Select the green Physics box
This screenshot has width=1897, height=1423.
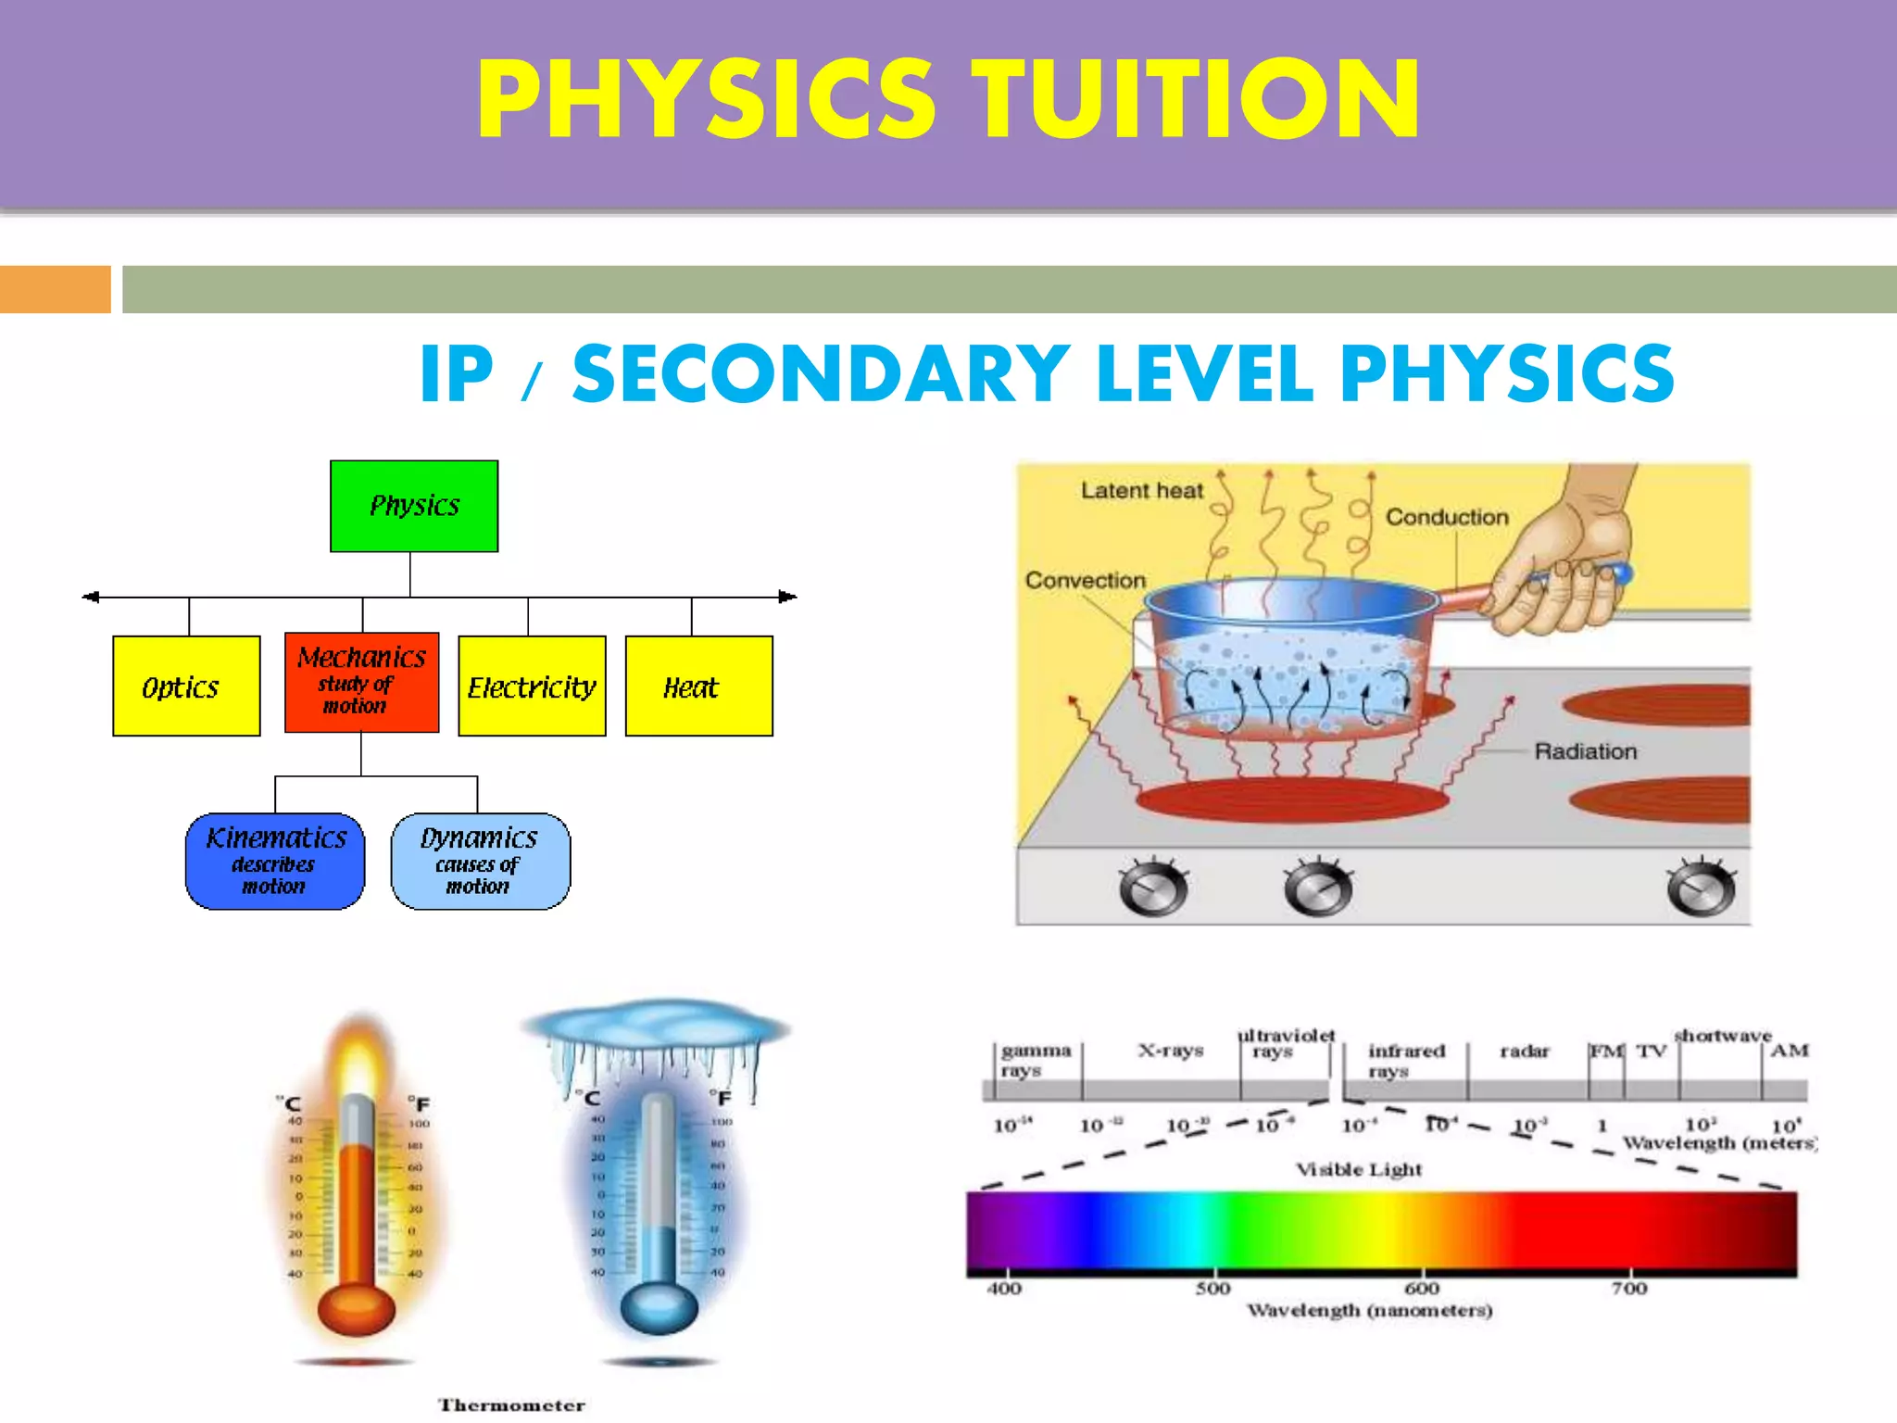(414, 506)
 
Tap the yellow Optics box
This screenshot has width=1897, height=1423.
(186, 686)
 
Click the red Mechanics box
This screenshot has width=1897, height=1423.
(361, 682)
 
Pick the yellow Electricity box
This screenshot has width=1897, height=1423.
(532, 686)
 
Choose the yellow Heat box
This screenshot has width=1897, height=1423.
(698, 686)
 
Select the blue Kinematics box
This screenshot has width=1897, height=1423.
(275, 861)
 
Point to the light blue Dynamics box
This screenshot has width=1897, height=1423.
(480, 861)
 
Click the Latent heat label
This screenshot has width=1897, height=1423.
(1142, 490)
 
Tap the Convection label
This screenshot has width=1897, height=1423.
(1085, 580)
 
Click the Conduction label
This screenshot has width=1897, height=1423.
(1447, 517)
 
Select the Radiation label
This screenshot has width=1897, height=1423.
(1585, 751)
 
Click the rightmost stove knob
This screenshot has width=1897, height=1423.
(1701, 888)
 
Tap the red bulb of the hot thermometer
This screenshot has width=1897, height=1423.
(356, 1309)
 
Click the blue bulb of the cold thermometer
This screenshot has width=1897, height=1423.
(659, 1306)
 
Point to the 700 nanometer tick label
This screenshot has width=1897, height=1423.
(1629, 1289)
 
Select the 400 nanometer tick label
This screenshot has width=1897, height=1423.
(1004, 1289)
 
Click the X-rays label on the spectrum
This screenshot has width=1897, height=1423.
(1171, 1051)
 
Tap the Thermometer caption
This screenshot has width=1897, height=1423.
(511, 1405)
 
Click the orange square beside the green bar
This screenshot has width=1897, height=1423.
(55, 289)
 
